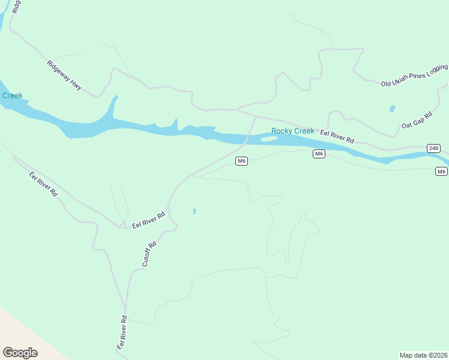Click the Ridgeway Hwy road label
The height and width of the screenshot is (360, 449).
(64, 75)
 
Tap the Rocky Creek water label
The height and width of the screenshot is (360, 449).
(292, 131)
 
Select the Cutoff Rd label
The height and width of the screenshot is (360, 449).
(149, 254)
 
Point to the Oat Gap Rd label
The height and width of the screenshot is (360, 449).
(417, 119)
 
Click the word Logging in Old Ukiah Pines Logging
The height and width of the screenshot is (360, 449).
(437, 70)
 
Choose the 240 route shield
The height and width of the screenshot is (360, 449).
(433, 148)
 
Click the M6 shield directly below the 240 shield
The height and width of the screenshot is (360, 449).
(441, 172)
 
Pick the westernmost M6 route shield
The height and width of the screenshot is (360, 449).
(241, 161)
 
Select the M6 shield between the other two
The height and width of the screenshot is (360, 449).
(319, 154)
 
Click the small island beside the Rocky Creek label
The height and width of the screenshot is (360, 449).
(269, 139)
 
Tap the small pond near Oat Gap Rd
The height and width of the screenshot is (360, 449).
(393, 109)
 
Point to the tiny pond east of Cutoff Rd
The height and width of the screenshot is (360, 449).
(194, 211)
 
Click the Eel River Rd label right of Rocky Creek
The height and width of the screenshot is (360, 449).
(337, 136)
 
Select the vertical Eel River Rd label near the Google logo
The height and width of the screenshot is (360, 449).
(122, 333)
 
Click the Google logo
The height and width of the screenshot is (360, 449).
(20, 353)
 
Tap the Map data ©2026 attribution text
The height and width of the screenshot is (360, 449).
(423, 355)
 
